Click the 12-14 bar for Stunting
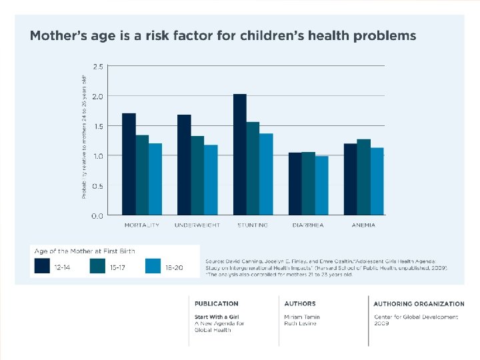coord(240,155)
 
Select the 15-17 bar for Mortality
coord(142,175)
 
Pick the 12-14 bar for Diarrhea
coord(295,184)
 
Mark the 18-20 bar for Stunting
coord(266,175)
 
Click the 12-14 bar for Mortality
coord(129,165)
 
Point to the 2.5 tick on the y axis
coord(97,66)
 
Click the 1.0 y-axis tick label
coord(97,156)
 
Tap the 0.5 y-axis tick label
coord(97,186)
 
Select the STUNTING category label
coord(253,225)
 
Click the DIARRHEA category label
coord(308,225)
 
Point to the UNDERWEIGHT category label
coord(197,225)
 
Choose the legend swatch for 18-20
coord(153,267)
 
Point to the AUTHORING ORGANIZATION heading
coord(419,303)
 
